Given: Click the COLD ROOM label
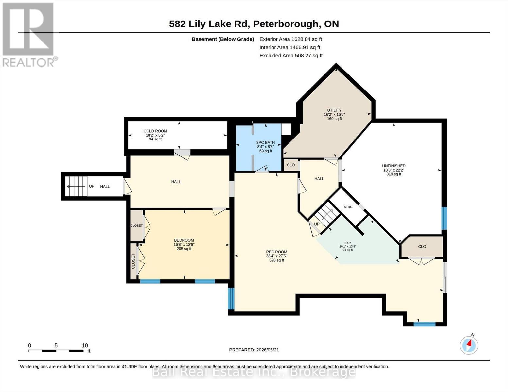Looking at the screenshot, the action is (x=155, y=131).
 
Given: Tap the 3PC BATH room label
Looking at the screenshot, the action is (x=266, y=143).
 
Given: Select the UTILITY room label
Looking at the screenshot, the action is (x=334, y=110).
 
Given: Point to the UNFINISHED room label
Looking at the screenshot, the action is (x=394, y=166).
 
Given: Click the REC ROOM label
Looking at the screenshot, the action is (x=276, y=252).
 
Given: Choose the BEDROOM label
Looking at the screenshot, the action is (x=184, y=240).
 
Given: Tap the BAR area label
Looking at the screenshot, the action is (x=348, y=243).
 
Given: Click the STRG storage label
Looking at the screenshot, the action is (x=348, y=207).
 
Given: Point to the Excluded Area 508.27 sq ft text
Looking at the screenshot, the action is (x=291, y=56).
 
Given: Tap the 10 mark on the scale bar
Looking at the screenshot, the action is (x=85, y=345).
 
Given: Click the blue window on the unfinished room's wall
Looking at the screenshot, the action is (x=444, y=218).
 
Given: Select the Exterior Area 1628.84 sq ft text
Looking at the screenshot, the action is (x=290, y=39).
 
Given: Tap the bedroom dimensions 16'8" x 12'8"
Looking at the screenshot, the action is (x=184, y=244).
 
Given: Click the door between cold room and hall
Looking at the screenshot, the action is (x=182, y=154).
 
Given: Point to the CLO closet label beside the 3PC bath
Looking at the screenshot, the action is (x=291, y=165).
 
